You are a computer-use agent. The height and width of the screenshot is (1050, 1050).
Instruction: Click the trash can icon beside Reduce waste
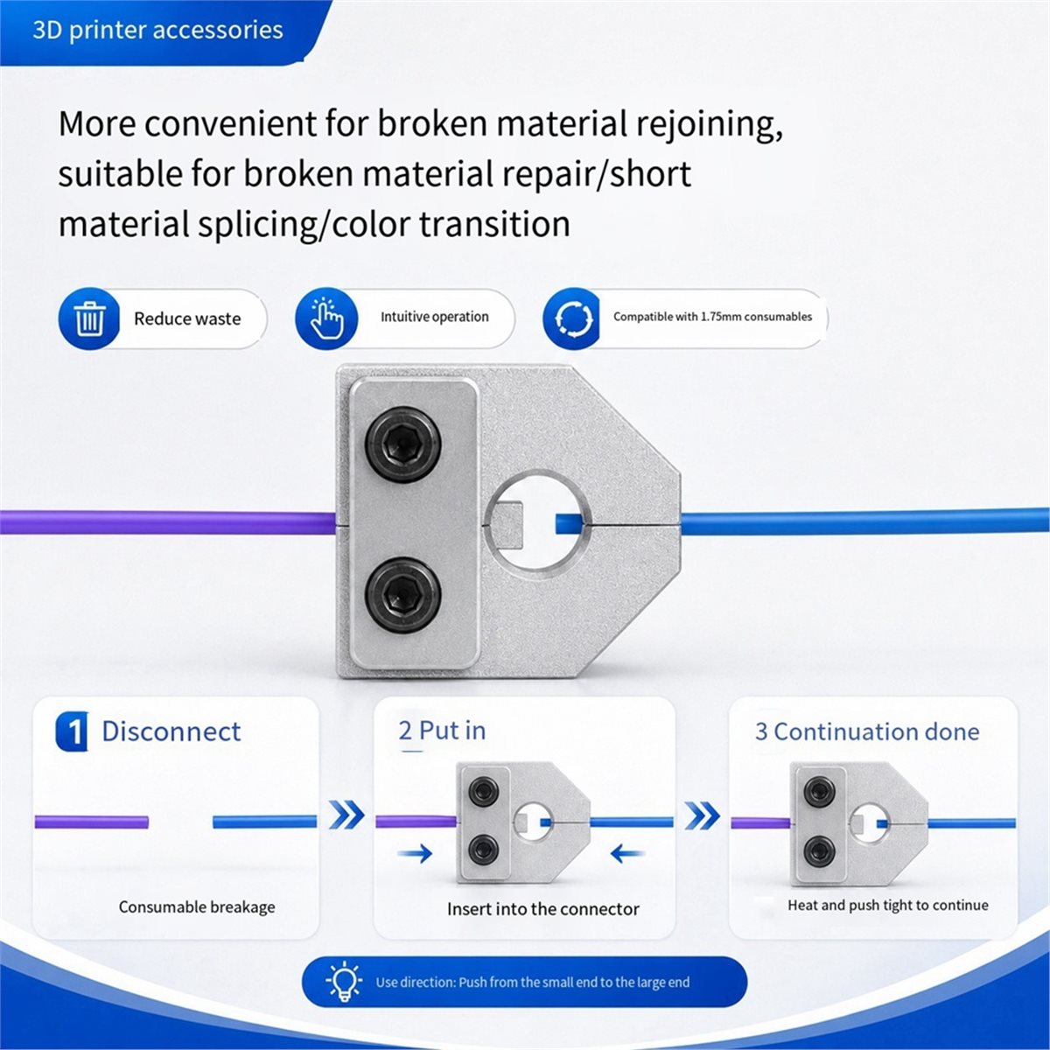click(89, 318)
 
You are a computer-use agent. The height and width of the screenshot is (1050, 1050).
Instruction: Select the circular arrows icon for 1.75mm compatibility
click(573, 318)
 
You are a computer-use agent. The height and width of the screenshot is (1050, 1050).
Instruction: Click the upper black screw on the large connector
click(402, 444)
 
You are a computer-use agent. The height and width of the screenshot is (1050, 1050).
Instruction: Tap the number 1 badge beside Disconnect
click(73, 731)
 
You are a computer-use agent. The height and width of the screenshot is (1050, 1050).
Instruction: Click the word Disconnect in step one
click(171, 731)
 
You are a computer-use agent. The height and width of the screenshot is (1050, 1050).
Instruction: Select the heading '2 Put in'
click(442, 731)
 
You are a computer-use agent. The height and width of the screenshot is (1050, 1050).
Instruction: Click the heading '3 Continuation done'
click(867, 731)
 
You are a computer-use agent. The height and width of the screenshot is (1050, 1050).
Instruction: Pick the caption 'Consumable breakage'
click(197, 906)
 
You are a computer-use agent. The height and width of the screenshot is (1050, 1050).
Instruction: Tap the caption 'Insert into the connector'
click(542, 909)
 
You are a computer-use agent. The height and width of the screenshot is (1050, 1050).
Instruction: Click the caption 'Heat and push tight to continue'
click(887, 905)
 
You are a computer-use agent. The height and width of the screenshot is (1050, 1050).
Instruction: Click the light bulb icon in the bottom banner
click(344, 982)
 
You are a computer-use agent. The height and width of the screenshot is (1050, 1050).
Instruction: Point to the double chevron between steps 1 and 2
click(346, 815)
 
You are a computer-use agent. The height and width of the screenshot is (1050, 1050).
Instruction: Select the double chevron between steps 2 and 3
click(703, 815)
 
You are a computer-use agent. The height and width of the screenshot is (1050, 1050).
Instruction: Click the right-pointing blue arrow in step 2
click(415, 854)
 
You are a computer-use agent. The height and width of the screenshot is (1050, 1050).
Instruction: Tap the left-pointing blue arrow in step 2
click(627, 854)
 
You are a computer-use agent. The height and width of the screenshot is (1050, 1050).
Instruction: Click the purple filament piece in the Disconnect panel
click(92, 822)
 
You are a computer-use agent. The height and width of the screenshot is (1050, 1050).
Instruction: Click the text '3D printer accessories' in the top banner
click(157, 30)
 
